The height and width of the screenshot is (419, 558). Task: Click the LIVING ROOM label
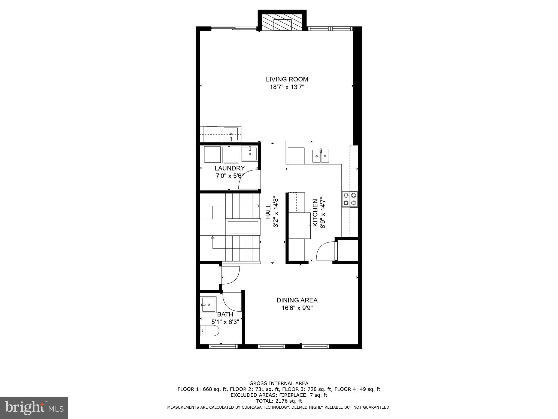point(287,79)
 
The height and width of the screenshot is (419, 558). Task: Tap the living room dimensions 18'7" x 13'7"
point(287,87)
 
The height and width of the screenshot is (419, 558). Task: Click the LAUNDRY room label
point(229,168)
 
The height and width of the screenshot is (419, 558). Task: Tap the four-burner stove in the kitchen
point(350,199)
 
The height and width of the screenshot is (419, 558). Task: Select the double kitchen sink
point(320,156)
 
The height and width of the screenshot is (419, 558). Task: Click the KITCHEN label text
point(315,213)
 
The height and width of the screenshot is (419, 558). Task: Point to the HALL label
point(268,212)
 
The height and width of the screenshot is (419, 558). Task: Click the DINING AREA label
point(297,300)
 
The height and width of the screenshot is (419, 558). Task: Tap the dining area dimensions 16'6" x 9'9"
point(297,308)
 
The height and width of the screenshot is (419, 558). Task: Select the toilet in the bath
point(210,331)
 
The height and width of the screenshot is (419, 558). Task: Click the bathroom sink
point(208,304)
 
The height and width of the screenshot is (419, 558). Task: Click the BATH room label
point(225,315)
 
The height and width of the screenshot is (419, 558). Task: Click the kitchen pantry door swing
point(325,251)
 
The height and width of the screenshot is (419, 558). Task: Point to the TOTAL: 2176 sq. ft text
point(279,401)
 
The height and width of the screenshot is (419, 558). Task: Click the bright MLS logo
point(34,408)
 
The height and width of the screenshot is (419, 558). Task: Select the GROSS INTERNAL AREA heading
point(279,383)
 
